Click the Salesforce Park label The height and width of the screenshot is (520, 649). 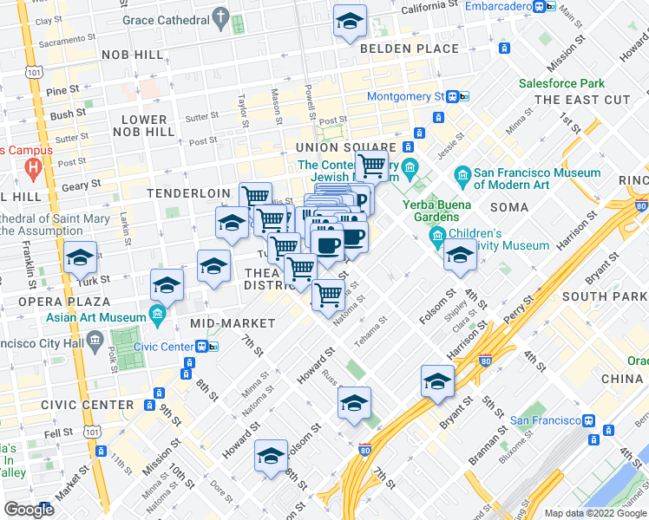click(x=561, y=84)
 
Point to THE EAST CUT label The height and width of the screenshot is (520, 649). click(x=582, y=101)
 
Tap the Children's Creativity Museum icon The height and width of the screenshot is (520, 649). click(x=437, y=236)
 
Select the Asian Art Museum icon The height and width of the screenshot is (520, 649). click(x=157, y=313)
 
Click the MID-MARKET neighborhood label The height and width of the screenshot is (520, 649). click(x=232, y=323)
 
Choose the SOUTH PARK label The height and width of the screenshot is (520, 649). click(x=604, y=296)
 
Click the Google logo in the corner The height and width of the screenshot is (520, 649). click(x=29, y=510)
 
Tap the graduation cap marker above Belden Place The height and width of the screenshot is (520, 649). click(x=349, y=22)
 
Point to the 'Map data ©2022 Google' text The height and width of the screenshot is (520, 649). click(x=594, y=513)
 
